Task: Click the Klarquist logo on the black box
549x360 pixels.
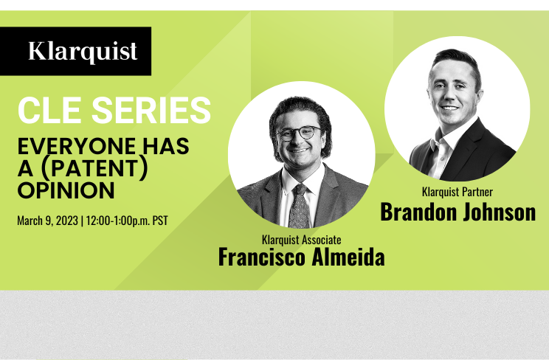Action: point(83,52)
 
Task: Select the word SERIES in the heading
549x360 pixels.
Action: point(151,111)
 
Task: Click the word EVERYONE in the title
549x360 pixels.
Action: point(76,146)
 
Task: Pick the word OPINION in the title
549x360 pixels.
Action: point(66,190)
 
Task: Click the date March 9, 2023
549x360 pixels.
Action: point(48,221)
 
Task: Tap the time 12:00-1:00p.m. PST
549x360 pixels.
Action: point(127,221)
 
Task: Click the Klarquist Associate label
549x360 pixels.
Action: point(302,240)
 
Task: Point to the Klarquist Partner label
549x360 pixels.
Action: point(457,192)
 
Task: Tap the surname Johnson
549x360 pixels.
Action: point(500,212)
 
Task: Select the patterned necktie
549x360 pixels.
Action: point(299,207)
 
